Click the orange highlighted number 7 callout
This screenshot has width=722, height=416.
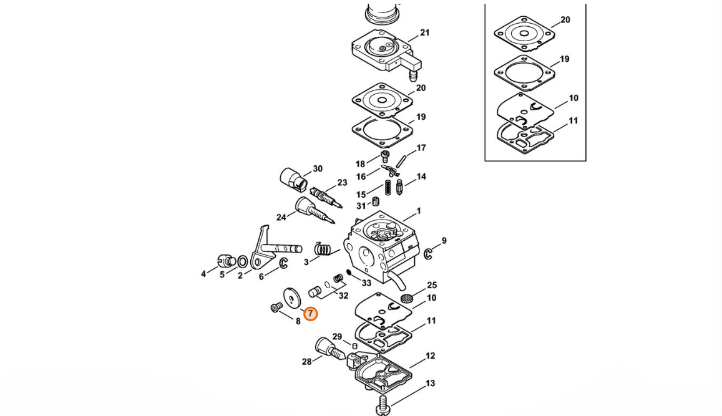point(310,314)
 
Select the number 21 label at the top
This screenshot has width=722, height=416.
point(424,32)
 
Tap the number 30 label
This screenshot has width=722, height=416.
point(318,169)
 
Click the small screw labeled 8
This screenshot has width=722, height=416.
point(276,307)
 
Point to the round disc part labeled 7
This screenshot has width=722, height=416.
point(291,297)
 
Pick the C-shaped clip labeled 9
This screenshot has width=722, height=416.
point(427,254)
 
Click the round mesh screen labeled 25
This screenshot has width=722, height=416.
point(406,298)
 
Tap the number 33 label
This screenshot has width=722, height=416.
point(366,283)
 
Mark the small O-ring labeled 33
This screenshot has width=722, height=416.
point(349,273)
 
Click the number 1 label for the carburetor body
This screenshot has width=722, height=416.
point(419,211)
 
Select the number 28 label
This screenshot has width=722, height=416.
point(306,362)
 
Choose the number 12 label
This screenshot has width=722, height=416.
point(430,356)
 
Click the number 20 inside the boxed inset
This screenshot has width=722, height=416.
point(565,20)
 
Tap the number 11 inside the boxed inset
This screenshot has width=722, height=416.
point(573,120)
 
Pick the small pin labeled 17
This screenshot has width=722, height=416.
point(401,162)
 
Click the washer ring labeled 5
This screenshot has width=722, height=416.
point(242,263)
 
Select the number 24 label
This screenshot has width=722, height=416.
point(281,217)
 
